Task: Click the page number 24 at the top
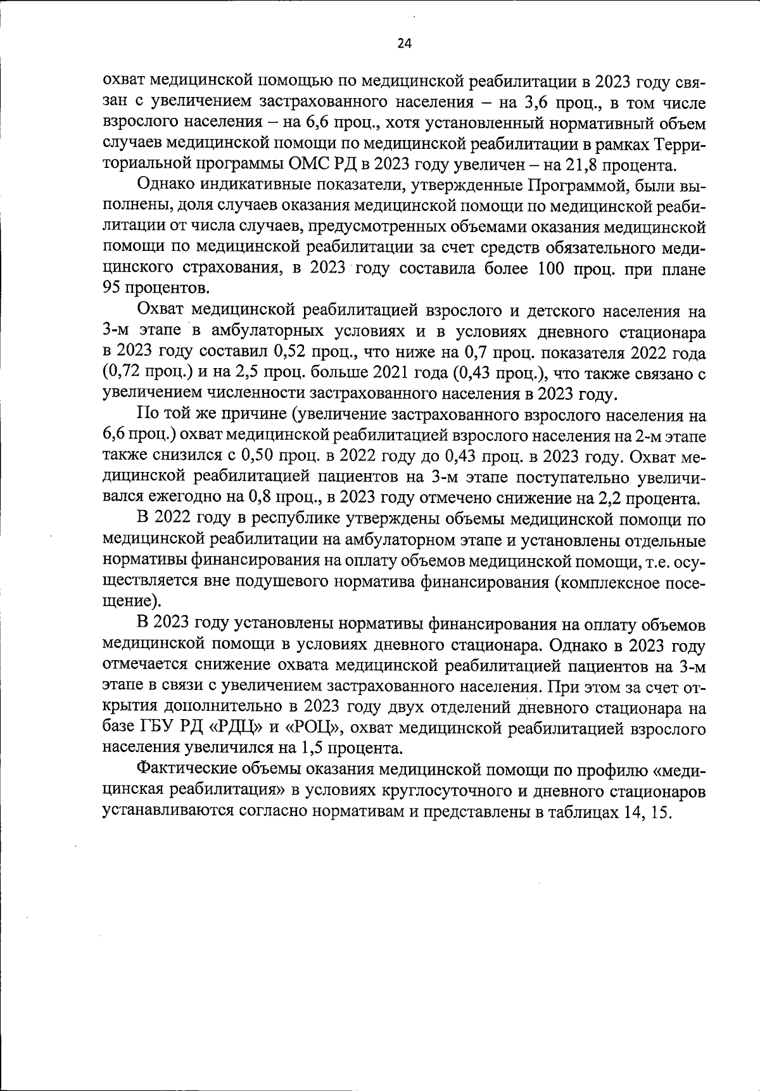pyautogui.click(x=405, y=44)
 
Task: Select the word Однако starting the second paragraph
pyautogui.click(x=165, y=186)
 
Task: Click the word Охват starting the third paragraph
pyautogui.click(x=160, y=311)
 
